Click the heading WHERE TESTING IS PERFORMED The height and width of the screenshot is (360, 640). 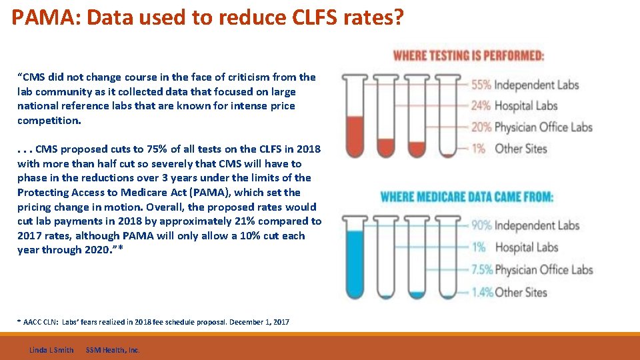point(468,56)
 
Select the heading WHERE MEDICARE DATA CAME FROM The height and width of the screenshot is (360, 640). point(466,197)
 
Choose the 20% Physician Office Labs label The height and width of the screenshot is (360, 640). point(531,127)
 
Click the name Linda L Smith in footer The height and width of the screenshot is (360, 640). point(51,350)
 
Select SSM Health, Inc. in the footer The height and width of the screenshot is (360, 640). point(113,350)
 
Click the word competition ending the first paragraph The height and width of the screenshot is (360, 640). point(49,121)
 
